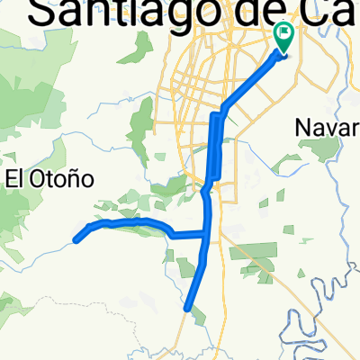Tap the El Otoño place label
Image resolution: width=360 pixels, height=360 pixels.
click(x=50, y=178)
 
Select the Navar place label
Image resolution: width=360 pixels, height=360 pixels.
click(x=327, y=130)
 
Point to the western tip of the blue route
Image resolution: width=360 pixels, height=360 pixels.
click(x=76, y=239)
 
